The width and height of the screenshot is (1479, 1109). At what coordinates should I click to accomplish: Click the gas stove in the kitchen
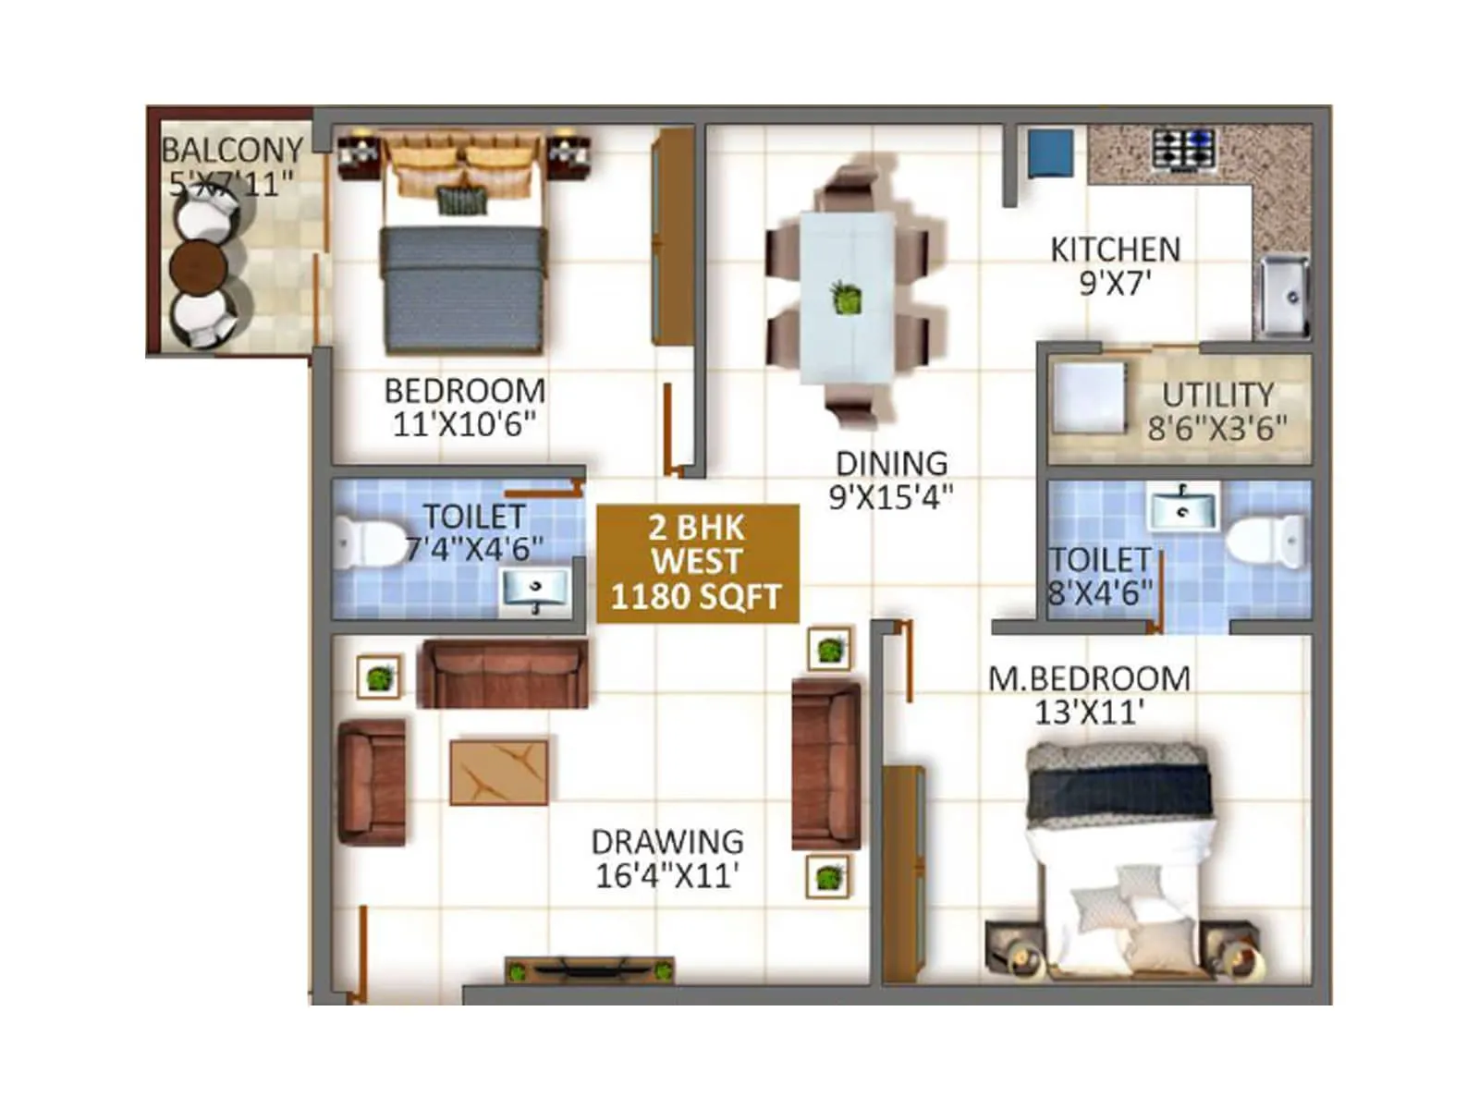[1182, 148]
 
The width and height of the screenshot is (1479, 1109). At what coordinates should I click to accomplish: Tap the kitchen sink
[1282, 296]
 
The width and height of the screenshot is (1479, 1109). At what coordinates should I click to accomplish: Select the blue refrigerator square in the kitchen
[1051, 152]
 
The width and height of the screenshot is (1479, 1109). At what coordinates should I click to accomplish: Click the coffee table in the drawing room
[498, 772]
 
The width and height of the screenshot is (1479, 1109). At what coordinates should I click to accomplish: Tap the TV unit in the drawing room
[589, 970]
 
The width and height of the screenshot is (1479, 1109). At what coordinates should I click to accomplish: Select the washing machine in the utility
[1089, 398]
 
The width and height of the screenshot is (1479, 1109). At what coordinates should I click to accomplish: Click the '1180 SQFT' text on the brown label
[696, 597]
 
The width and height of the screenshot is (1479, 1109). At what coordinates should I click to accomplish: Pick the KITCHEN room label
[1116, 250]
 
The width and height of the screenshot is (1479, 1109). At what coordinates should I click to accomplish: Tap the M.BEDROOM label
[1089, 679]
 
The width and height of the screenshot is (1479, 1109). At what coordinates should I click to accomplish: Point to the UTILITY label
[1217, 396]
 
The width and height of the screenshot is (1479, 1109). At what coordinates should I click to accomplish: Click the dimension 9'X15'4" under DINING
[890, 498]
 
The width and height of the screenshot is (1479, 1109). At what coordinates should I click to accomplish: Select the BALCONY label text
[232, 150]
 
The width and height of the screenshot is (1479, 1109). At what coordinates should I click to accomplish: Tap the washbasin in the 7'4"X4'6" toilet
[533, 589]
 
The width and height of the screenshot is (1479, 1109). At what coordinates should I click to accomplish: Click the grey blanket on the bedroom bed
[462, 288]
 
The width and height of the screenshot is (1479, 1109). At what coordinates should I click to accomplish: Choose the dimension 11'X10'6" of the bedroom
[464, 424]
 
